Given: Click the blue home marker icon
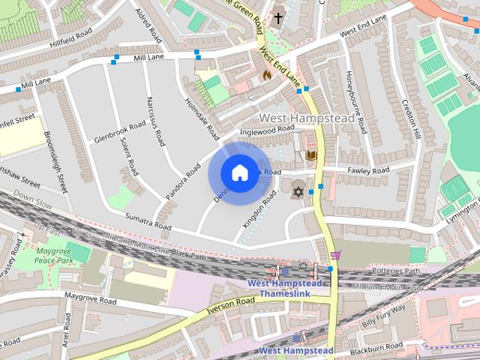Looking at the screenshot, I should pos(239,172).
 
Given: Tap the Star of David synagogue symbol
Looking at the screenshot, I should pos(297,192).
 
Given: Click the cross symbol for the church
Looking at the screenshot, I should pos(278,16).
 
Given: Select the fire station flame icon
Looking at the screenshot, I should pos(266,75).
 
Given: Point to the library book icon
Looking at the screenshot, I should pos(310,156).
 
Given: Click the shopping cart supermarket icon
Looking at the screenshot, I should pos(335,255).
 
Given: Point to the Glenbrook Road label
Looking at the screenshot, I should pos(120,132).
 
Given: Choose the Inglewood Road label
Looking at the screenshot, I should pos(266,130).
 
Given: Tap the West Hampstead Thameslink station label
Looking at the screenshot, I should pos(285,289).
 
